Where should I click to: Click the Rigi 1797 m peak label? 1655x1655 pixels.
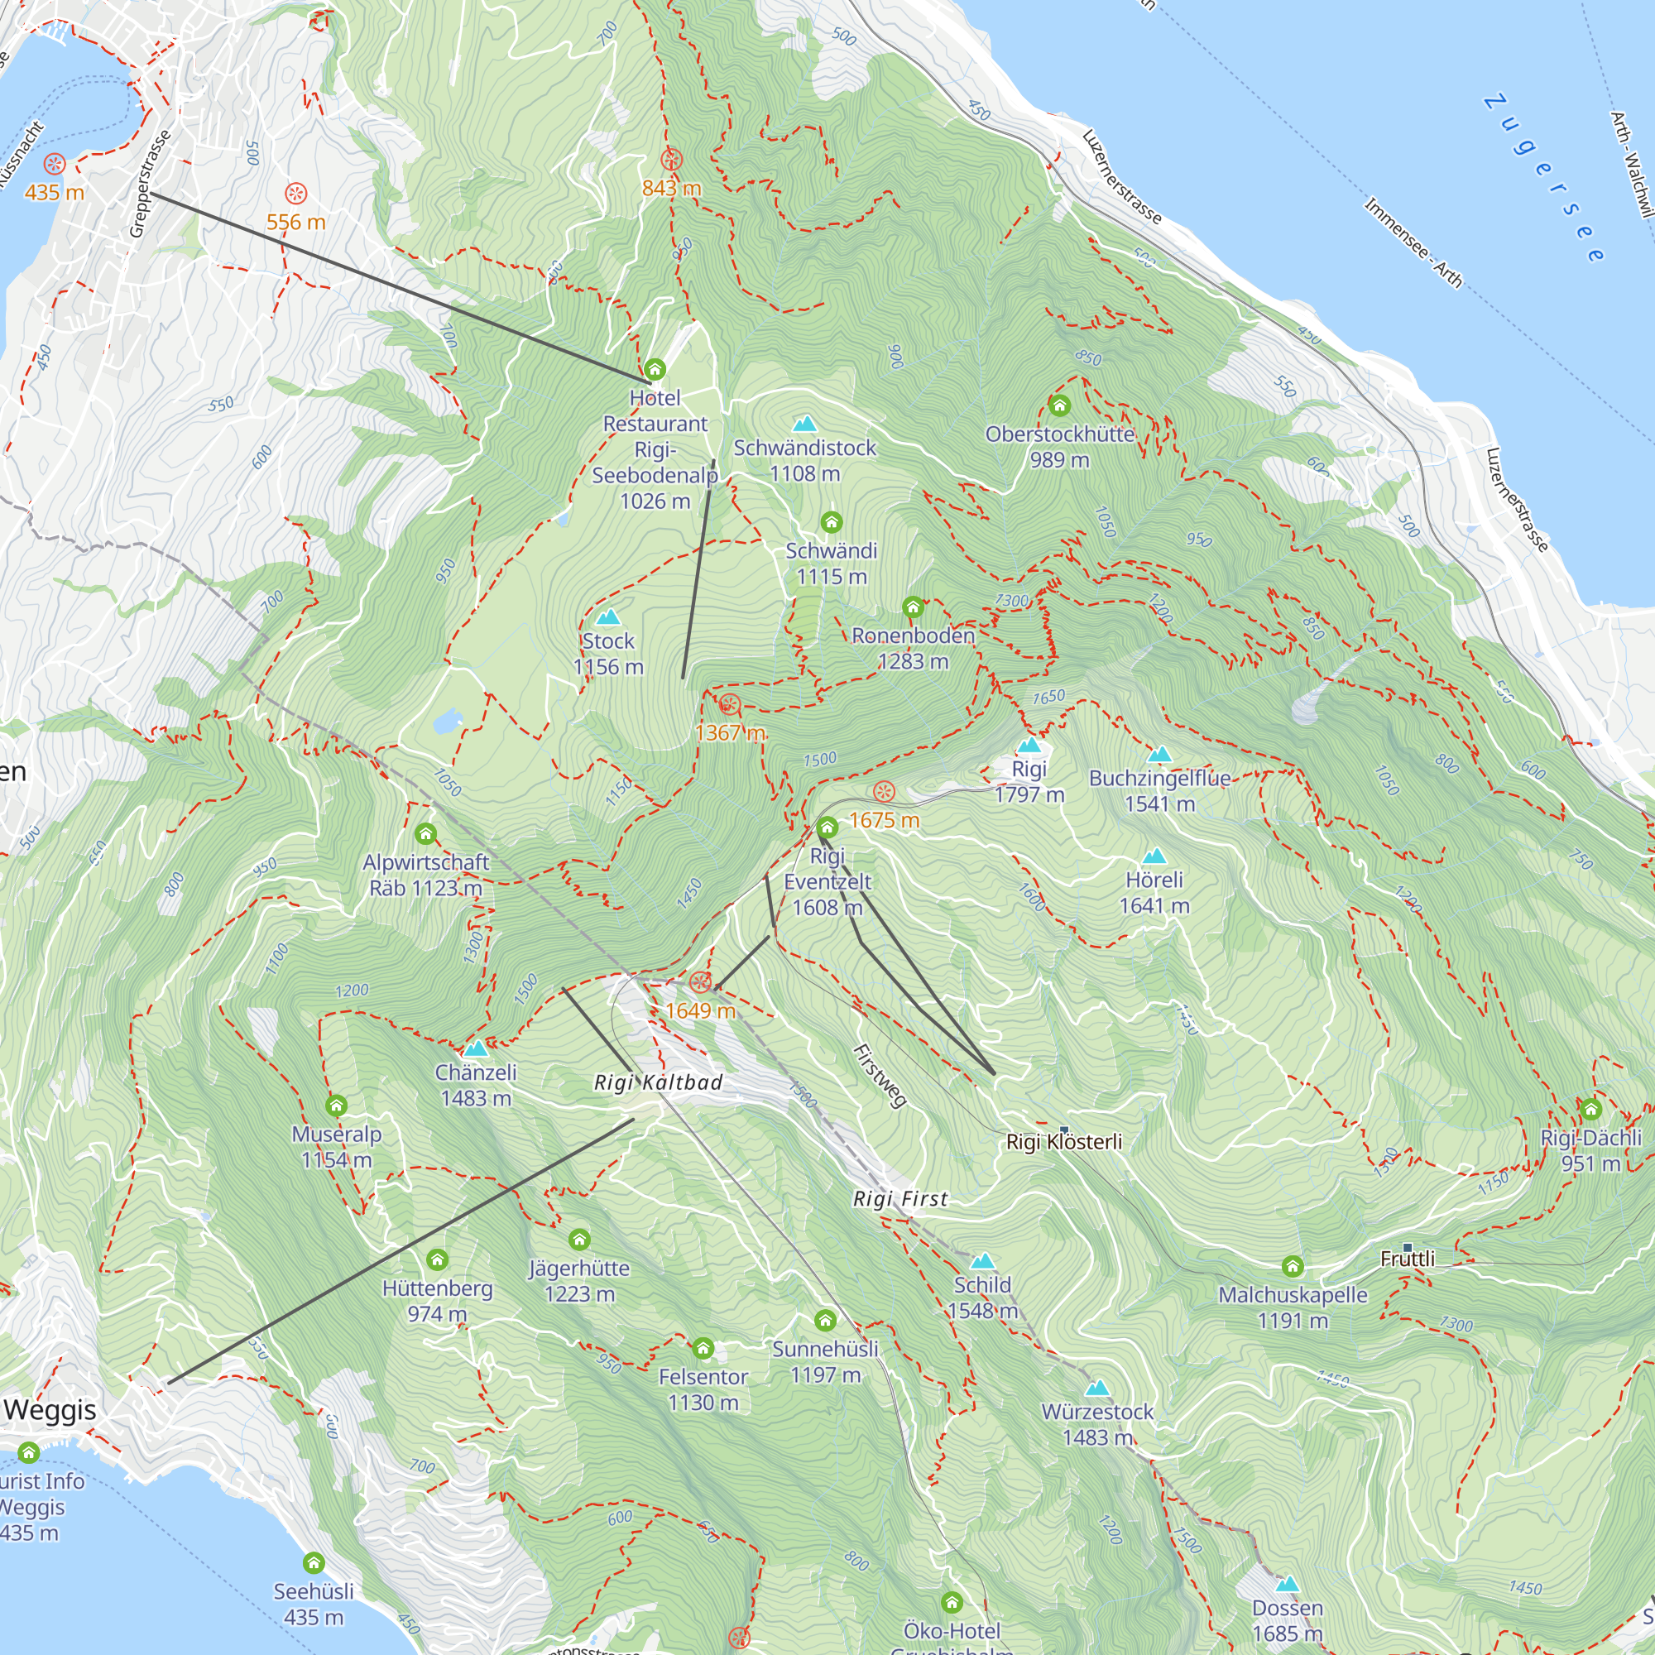tap(1029, 781)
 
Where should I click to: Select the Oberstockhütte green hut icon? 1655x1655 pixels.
tap(1060, 405)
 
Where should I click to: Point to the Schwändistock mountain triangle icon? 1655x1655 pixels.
tap(804, 424)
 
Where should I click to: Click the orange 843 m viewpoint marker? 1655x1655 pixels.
tap(672, 161)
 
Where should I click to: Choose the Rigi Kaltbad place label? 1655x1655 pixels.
tap(658, 1082)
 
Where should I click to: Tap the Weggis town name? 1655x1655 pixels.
tap(50, 1409)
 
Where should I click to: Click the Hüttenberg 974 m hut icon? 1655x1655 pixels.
tap(437, 1259)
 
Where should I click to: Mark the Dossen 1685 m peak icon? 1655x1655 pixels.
tap(1287, 1584)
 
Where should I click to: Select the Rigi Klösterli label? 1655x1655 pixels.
tap(1063, 1142)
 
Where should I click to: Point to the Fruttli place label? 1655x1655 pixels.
tap(1407, 1259)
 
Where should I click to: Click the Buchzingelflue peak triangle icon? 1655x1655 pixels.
tap(1159, 755)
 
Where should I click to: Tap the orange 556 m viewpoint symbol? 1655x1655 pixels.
tap(295, 193)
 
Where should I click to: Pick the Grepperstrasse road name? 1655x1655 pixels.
tap(150, 184)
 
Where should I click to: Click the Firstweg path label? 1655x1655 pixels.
tap(880, 1076)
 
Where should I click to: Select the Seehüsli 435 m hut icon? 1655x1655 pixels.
tap(314, 1562)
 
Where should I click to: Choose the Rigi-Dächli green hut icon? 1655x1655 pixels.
tap(1590, 1110)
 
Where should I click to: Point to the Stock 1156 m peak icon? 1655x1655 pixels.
tap(607, 617)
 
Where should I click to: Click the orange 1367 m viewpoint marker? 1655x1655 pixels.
tap(729, 705)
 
